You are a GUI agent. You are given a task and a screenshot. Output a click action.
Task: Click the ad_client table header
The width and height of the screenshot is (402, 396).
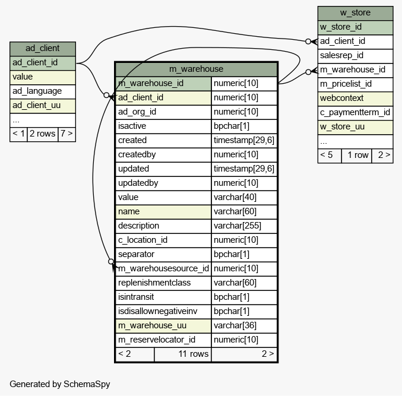[43, 49]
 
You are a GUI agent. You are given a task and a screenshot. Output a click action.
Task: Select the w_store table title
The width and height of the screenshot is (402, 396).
[355, 13]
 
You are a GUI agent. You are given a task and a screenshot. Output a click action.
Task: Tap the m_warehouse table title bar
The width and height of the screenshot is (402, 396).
[196, 69]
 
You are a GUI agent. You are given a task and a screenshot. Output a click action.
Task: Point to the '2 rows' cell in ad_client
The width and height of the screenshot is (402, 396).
[43, 134]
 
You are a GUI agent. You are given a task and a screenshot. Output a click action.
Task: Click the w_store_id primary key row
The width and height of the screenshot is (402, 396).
[355, 27]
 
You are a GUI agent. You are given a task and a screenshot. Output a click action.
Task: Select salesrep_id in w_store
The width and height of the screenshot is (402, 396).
[355, 56]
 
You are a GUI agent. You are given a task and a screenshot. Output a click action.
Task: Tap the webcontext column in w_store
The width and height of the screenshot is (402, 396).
[355, 99]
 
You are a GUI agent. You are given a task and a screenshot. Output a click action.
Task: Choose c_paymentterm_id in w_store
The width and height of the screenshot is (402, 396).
[355, 113]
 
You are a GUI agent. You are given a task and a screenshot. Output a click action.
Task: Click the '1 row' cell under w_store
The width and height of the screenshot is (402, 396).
[357, 156]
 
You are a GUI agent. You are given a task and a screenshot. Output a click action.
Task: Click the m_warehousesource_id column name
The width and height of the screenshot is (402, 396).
[163, 269]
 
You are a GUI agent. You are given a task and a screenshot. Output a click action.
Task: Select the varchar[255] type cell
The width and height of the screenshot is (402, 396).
[244, 226]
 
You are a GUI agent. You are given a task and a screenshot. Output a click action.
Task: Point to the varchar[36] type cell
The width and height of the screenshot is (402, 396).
[244, 326]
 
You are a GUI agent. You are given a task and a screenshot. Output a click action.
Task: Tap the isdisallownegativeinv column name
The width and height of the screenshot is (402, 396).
[163, 312]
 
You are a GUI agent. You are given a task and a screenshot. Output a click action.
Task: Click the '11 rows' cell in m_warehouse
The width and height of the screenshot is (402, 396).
[183, 354]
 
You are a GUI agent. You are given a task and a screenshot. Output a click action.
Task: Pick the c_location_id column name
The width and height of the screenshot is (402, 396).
[163, 240]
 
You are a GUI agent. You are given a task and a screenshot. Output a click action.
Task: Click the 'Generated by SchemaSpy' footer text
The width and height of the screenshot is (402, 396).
[60, 384]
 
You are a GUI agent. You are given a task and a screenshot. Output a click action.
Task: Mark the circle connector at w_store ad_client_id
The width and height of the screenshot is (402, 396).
[308, 42]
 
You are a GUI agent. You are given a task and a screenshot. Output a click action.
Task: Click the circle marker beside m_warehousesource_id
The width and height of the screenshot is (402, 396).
[111, 261]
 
